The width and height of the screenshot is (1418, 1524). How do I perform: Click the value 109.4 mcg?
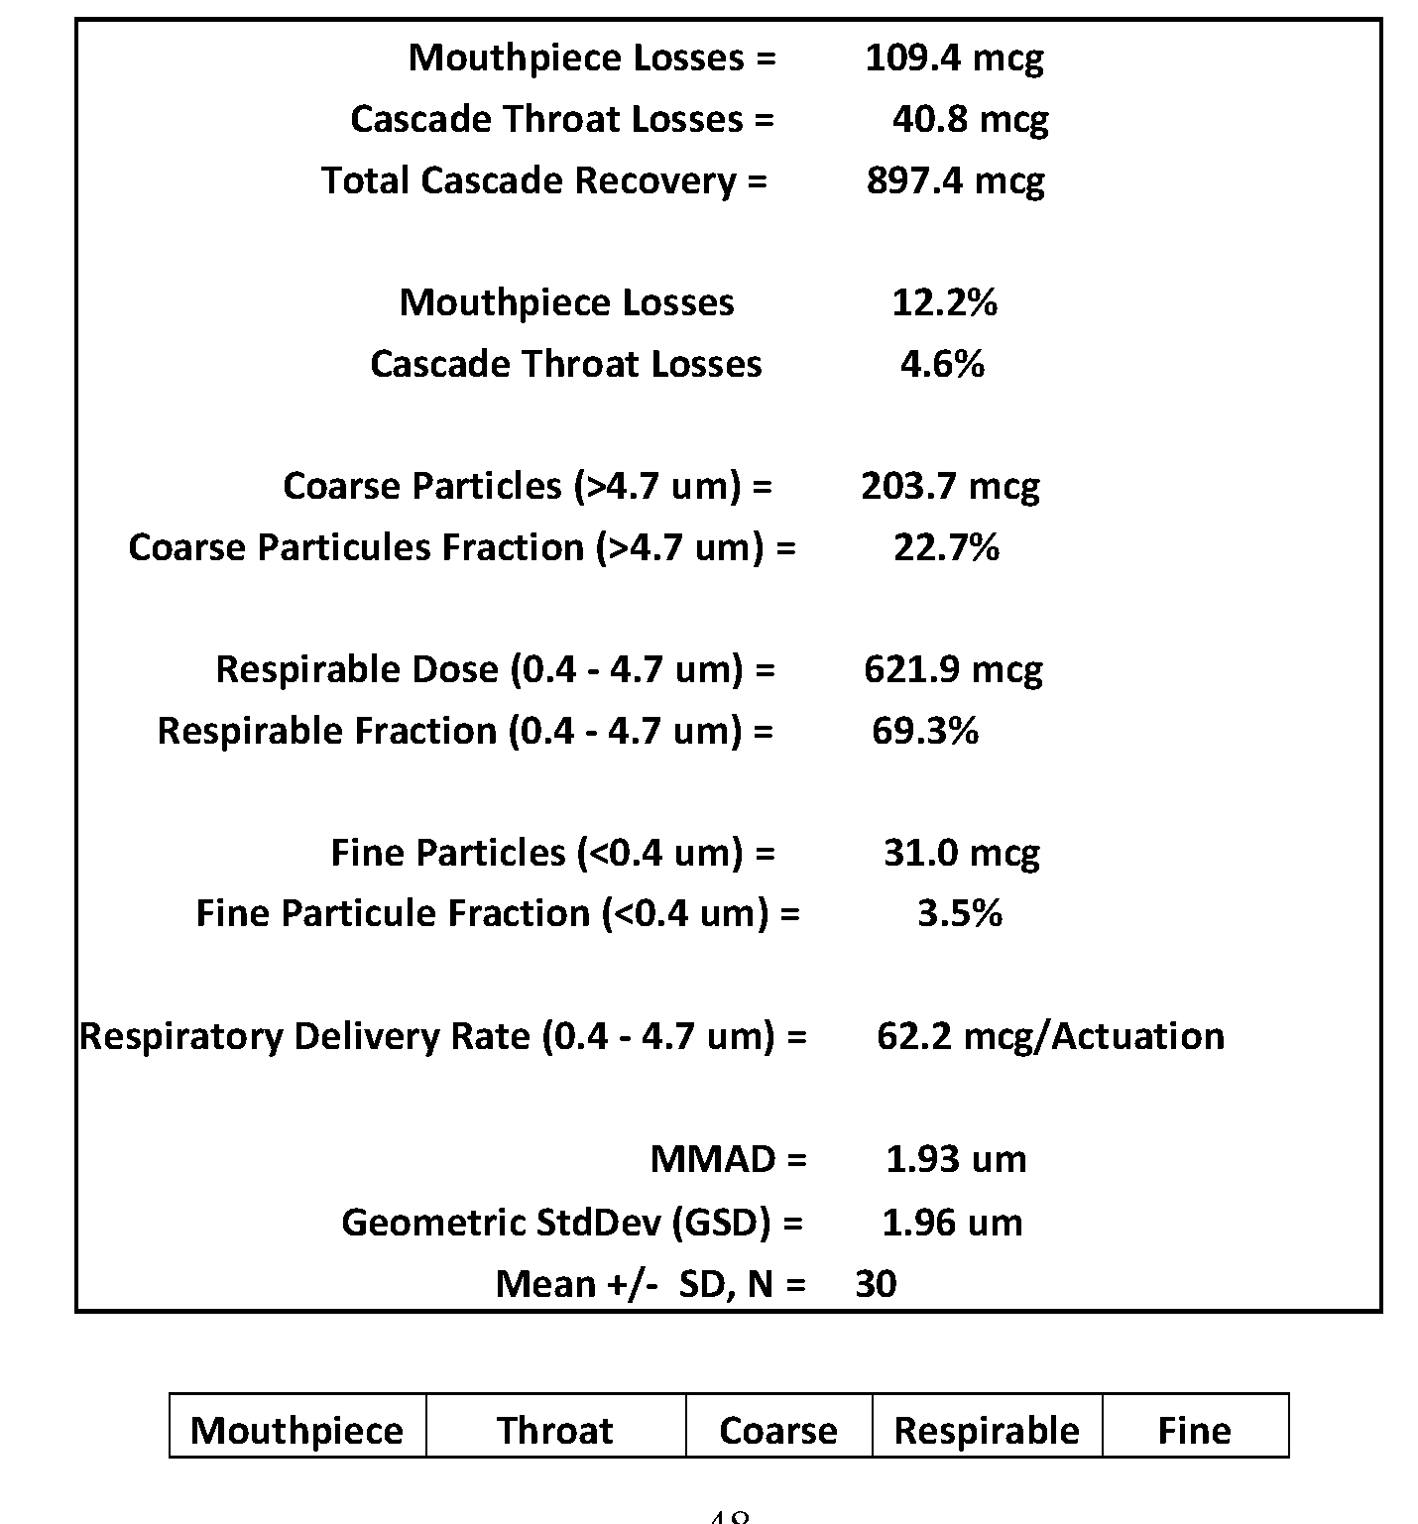tap(953, 58)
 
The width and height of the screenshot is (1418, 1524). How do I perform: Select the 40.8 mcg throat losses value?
tap(969, 119)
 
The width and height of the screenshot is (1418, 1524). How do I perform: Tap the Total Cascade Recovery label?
tap(543, 180)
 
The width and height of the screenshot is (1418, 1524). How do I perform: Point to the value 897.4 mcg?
tap(954, 180)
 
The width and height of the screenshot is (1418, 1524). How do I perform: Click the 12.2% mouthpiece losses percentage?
tap(944, 302)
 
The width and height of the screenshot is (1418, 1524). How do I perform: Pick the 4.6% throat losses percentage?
tap(942, 364)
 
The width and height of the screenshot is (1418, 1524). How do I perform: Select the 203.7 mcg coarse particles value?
tap(950, 486)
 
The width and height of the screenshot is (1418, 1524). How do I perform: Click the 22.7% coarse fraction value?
tap(946, 547)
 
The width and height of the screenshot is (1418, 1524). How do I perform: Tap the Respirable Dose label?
tap(495, 669)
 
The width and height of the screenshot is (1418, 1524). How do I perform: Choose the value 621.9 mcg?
tap(952, 669)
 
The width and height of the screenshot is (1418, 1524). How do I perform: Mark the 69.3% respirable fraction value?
tap(925, 731)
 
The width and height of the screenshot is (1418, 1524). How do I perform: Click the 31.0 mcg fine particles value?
tap(961, 853)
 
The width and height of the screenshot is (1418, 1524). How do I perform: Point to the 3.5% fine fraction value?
tap(959, 913)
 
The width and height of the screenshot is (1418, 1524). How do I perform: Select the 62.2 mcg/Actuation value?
tap(1050, 1036)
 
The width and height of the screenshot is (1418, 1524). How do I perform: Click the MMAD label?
tap(728, 1159)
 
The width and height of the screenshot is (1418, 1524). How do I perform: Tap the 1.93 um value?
tap(955, 1159)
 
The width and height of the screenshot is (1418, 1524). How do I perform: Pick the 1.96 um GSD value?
tap(951, 1223)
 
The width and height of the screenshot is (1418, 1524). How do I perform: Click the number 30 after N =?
tap(876, 1284)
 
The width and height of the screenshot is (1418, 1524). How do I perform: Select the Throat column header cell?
tap(555, 1429)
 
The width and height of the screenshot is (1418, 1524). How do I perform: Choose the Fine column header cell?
tap(1194, 1429)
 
